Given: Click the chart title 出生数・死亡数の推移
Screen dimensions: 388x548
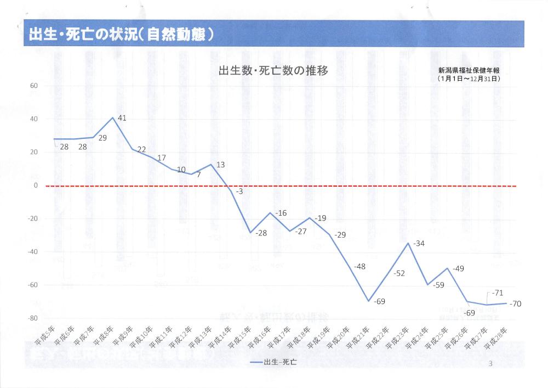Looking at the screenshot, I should [273, 71].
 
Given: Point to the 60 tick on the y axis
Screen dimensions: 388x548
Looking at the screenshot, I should [33, 86].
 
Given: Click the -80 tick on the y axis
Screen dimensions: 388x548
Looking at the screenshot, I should [32, 318].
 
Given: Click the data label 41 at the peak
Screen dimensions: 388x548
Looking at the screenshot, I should [122, 119].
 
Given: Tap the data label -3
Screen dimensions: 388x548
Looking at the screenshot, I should [239, 192].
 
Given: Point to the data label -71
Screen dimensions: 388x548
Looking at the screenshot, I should [498, 293].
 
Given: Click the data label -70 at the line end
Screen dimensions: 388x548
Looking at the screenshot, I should [516, 303].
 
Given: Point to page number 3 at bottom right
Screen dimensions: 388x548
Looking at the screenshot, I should [490, 364].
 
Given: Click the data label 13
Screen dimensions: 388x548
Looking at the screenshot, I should [221, 165].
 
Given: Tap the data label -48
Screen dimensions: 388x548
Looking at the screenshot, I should [359, 266].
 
